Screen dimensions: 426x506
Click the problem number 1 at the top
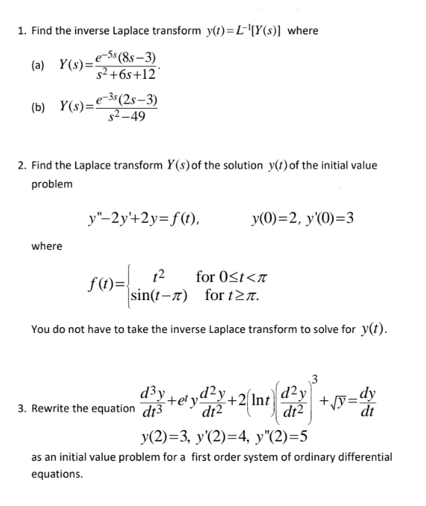coord(21,31)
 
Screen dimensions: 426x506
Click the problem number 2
coord(21,165)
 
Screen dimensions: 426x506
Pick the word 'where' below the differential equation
coord(47,246)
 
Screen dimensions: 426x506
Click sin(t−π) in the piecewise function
coord(158,296)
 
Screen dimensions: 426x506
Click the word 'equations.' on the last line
coord(56,474)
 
